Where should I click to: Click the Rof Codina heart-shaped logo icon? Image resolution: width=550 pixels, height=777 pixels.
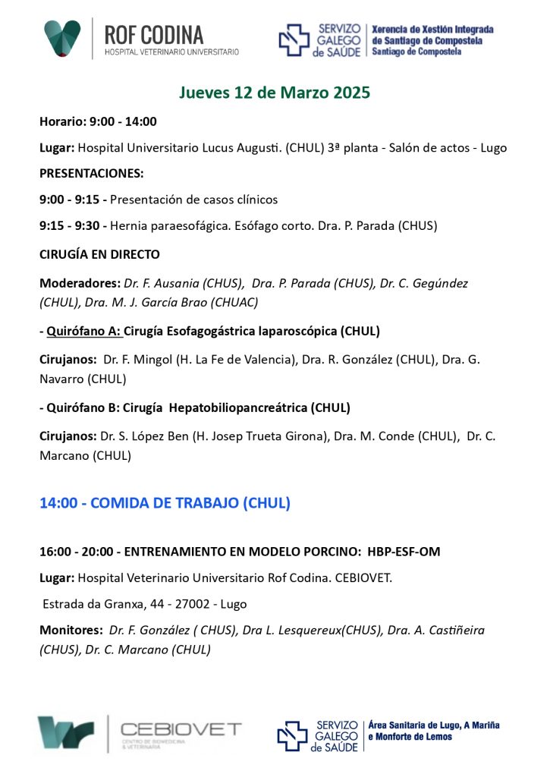(x=62, y=38)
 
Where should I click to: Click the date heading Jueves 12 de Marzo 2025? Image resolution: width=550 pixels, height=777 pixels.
(x=275, y=93)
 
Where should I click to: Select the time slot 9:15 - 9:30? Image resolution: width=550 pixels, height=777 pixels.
(x=73, y=225)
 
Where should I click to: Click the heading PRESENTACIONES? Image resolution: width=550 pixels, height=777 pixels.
(x=91, y=173)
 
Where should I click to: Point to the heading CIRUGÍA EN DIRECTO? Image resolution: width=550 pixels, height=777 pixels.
(x=99, y=254)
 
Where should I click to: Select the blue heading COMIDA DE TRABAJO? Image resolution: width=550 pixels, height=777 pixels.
(x=190, y=503)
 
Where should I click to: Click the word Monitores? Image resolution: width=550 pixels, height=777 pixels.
(x=71, y=630)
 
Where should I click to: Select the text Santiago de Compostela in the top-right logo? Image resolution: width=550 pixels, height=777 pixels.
(x=416, y=52)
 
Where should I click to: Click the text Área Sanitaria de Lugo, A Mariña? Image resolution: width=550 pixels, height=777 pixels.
(x=434, y=725)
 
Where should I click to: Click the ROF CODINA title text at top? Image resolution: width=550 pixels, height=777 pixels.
(x=154, y=34)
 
